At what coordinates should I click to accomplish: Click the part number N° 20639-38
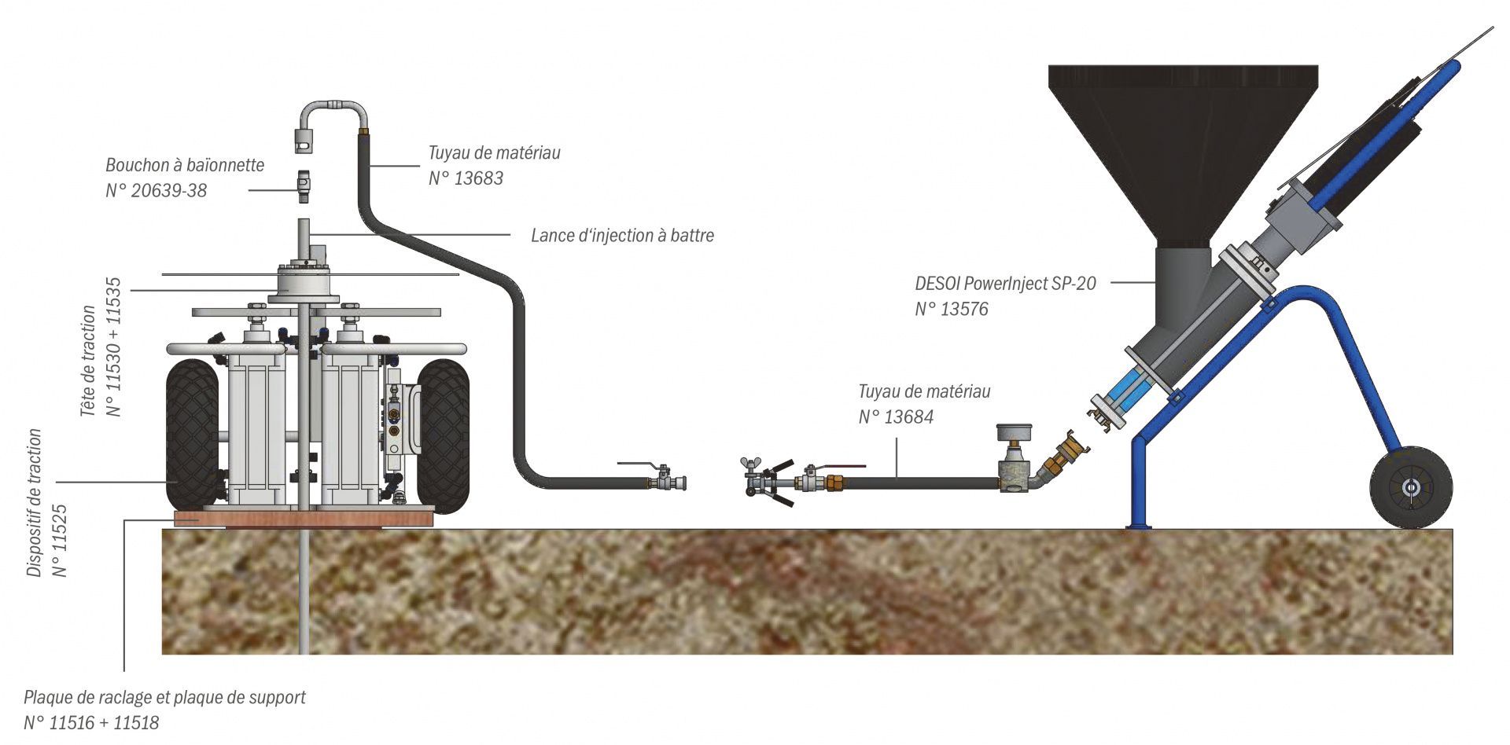pos(157,190)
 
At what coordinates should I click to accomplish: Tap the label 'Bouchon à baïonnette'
pos(185,165)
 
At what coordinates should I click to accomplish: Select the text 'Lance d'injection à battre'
pos(622,235)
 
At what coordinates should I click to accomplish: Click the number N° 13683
pos(466,178)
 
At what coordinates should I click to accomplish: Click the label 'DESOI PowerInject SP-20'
pos(1005,284)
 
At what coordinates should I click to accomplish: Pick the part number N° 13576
pos(951,309)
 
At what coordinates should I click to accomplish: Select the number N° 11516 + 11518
pos(91,722)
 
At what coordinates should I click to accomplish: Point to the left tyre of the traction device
pos(193,434)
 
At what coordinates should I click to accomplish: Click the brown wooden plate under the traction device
pos(303,518)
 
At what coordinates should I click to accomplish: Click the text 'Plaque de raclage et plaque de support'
pos(164,697)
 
